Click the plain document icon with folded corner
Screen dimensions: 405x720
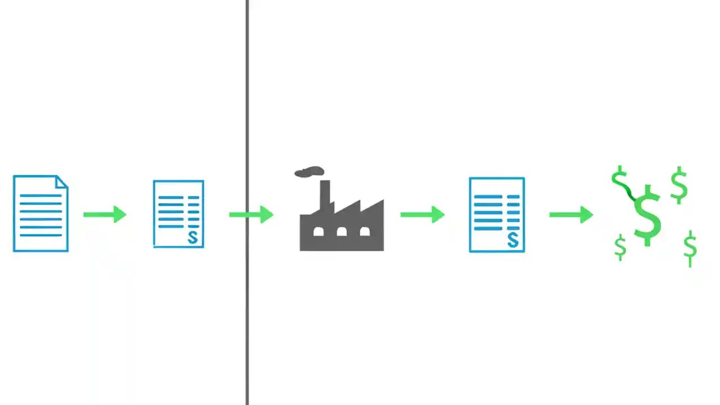pyautogui.click(x=40, y=214)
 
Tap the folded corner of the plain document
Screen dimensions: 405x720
pyautogui.click(x=62, y=182)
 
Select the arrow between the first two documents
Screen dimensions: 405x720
pyautogui.click(x=105, y=214)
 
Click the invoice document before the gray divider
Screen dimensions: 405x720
pyautogui.click(x=178, y=214)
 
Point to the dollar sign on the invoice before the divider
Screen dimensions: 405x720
pyautogui.click(x=193, y=237)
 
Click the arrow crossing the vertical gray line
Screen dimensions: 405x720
pyautogui.click(x=251, y=214)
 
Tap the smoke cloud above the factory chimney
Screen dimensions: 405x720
pyautogui.click(x=309, y=172)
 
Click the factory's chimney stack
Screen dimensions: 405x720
pyautogui.click(x=325, y=194)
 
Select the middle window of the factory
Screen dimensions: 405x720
pyautogui.click(x=341, y=231)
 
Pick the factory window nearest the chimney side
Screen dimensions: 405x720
pyautogui.click(x=318, y=231)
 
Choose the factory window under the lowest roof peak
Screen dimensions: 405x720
pyautogui.click(x=364, y=231)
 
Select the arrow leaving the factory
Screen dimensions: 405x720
pyautogui.click(x=422, y=214)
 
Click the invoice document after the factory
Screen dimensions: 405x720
pyautogui.click(x=497, y=214)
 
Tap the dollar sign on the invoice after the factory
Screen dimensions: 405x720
pyautogui.click(x=512, y=240)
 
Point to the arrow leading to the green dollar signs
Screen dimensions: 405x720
pyautogui.click(x=571, y=214)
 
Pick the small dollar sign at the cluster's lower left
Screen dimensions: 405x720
pyautogui.click(x=620, y=247)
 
